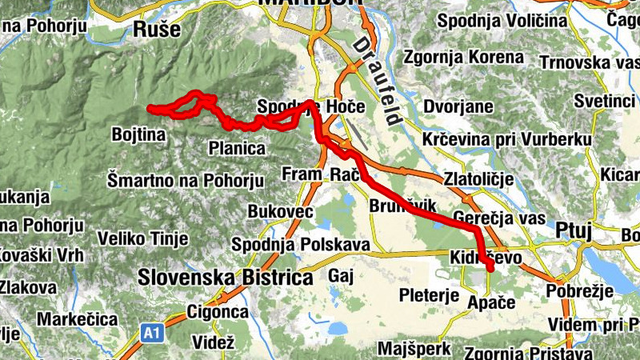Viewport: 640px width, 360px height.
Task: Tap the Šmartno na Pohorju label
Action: tap(186, 179)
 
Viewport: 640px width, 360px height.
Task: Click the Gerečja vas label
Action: tap(499, 217)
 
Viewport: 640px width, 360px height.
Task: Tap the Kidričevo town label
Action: tap(486, 258)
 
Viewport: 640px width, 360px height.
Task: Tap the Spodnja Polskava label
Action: tap(300, 244)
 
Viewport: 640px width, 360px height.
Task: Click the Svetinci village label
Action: tap(604, 101)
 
